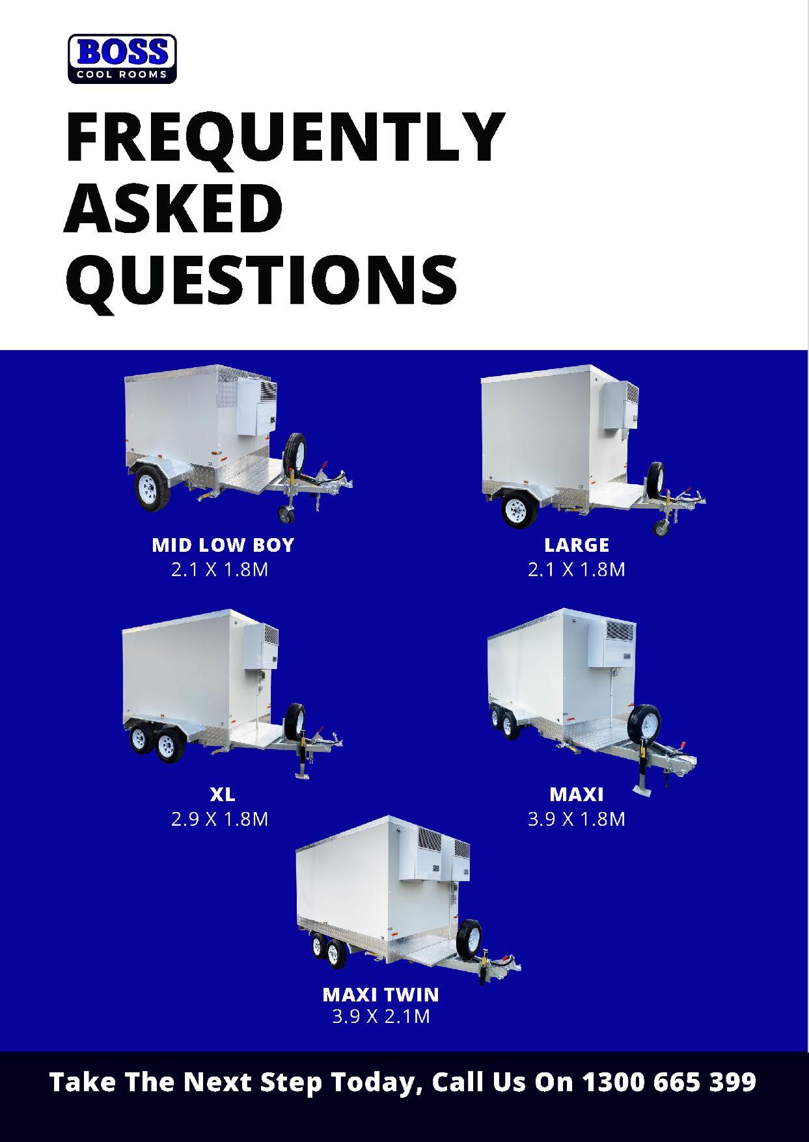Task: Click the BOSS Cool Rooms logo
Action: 122,59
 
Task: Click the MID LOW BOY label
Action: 223,545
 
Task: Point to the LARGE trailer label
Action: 577,545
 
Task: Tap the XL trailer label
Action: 222,794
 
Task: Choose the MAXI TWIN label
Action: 381,994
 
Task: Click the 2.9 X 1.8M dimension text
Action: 220,819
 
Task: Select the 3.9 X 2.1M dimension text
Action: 381,1016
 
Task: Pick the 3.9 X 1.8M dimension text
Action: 577,819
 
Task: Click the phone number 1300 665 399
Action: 668,1081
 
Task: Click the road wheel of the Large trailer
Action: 520,508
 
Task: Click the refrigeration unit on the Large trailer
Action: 620,405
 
